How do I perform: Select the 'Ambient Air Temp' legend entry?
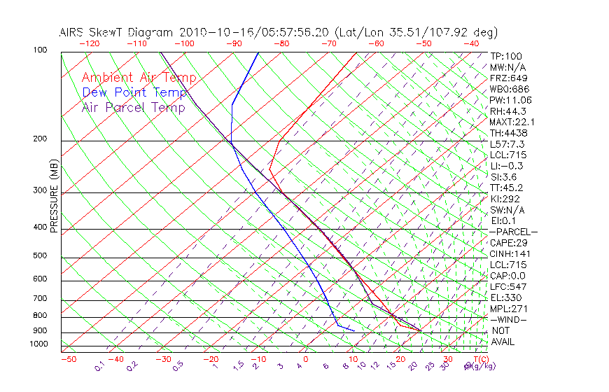coord(139,78)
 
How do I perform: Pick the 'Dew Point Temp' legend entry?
coord(134,92)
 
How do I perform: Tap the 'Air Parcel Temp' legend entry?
coord(133,107)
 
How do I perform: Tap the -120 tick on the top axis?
coord(89,43)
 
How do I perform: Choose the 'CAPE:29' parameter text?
coord(509,243)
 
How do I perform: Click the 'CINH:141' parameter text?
coord(509,254)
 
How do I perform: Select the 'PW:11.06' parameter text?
coord(510,100)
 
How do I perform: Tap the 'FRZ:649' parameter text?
coord(507,78)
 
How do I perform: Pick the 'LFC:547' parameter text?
coord(507,287)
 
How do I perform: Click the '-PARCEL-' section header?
coord(513,232)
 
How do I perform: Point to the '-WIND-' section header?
coord(509,320)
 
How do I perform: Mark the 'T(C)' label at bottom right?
coord(480,359)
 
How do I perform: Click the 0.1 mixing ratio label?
coord(99,367)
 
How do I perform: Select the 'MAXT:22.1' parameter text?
coord(511,122)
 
